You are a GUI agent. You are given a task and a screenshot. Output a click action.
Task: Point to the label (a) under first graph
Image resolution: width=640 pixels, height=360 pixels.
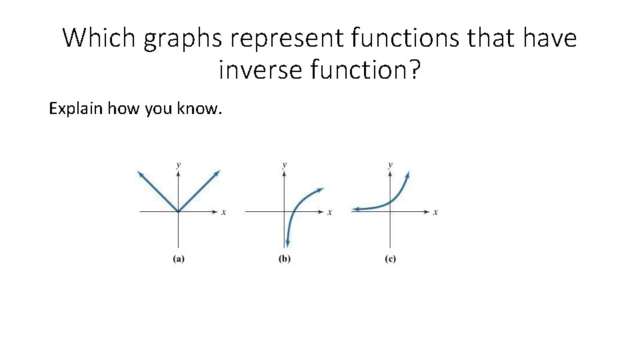pos(179,259)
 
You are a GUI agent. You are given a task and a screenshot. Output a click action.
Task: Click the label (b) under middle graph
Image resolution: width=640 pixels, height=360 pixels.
pos(285,259)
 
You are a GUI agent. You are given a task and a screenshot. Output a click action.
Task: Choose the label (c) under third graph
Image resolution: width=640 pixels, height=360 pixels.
pos(390,259)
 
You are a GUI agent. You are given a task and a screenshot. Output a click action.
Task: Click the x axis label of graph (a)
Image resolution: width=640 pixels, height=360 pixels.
pos(223,213)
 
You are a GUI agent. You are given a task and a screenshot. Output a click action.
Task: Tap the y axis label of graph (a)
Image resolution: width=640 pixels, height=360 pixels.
pos(178,163)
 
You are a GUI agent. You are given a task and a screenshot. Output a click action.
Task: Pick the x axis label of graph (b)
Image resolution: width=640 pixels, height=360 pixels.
pos(329,213)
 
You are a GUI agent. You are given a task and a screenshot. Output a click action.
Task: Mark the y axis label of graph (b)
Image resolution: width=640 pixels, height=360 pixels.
pos(285,163)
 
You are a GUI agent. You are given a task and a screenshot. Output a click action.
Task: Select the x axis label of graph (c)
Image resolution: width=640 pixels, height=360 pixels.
pos(435,213)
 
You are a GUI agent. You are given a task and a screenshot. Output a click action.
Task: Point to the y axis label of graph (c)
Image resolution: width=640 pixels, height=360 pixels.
pos(390,163)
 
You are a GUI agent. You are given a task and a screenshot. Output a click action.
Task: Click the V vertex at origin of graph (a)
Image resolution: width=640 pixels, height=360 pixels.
pos(178,212)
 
